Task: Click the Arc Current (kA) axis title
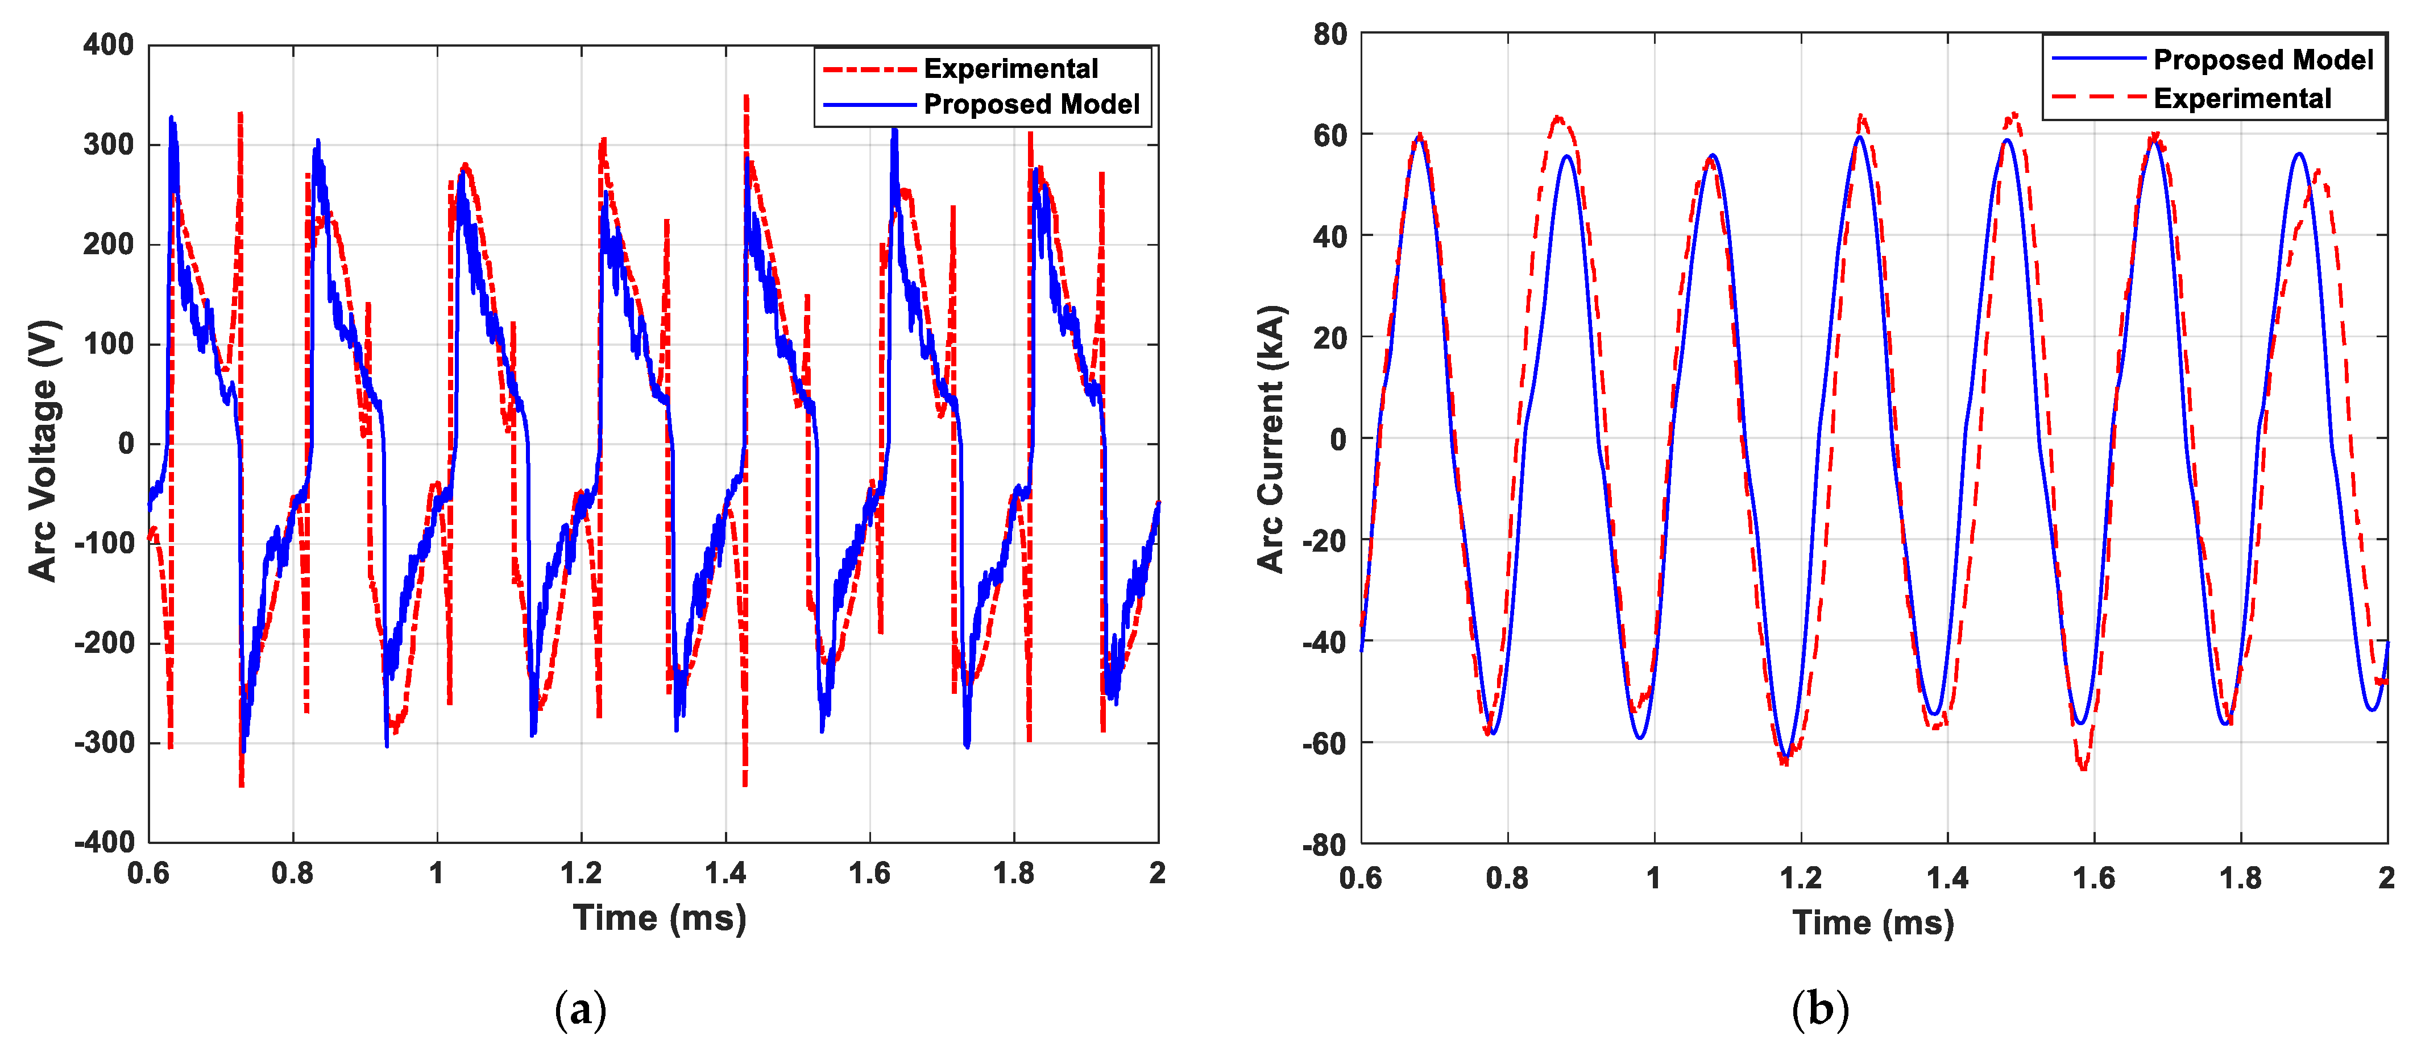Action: pyautogui.click(x=1271, y=439)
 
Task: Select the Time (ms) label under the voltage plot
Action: pyautogui.click(x=660, y=918)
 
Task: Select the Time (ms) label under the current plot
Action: pyautogui.click(x=1873, y=922)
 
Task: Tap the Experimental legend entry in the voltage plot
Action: pyautogui.click(x=1010, y=68)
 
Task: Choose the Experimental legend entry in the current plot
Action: pyautogui.click(x=2241, y=98)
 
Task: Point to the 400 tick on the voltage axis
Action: pyautogui.click(x=109, y=44)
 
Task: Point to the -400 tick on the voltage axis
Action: pyautogui.click(x=104, y=842)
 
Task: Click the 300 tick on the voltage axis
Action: pyautogui.click(x=109, y=144)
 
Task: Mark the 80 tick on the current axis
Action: pyautogui.click(x=1330, y=35)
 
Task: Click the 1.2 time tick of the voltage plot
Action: pyautogui.click(x=581, y=874)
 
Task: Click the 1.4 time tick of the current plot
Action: pyautogui.click(x=1947, y=878)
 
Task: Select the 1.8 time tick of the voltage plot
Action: pyautogui.click(x=1013, y=874)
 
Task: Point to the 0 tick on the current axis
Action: pyautogui.click(x=1339, y=439)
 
